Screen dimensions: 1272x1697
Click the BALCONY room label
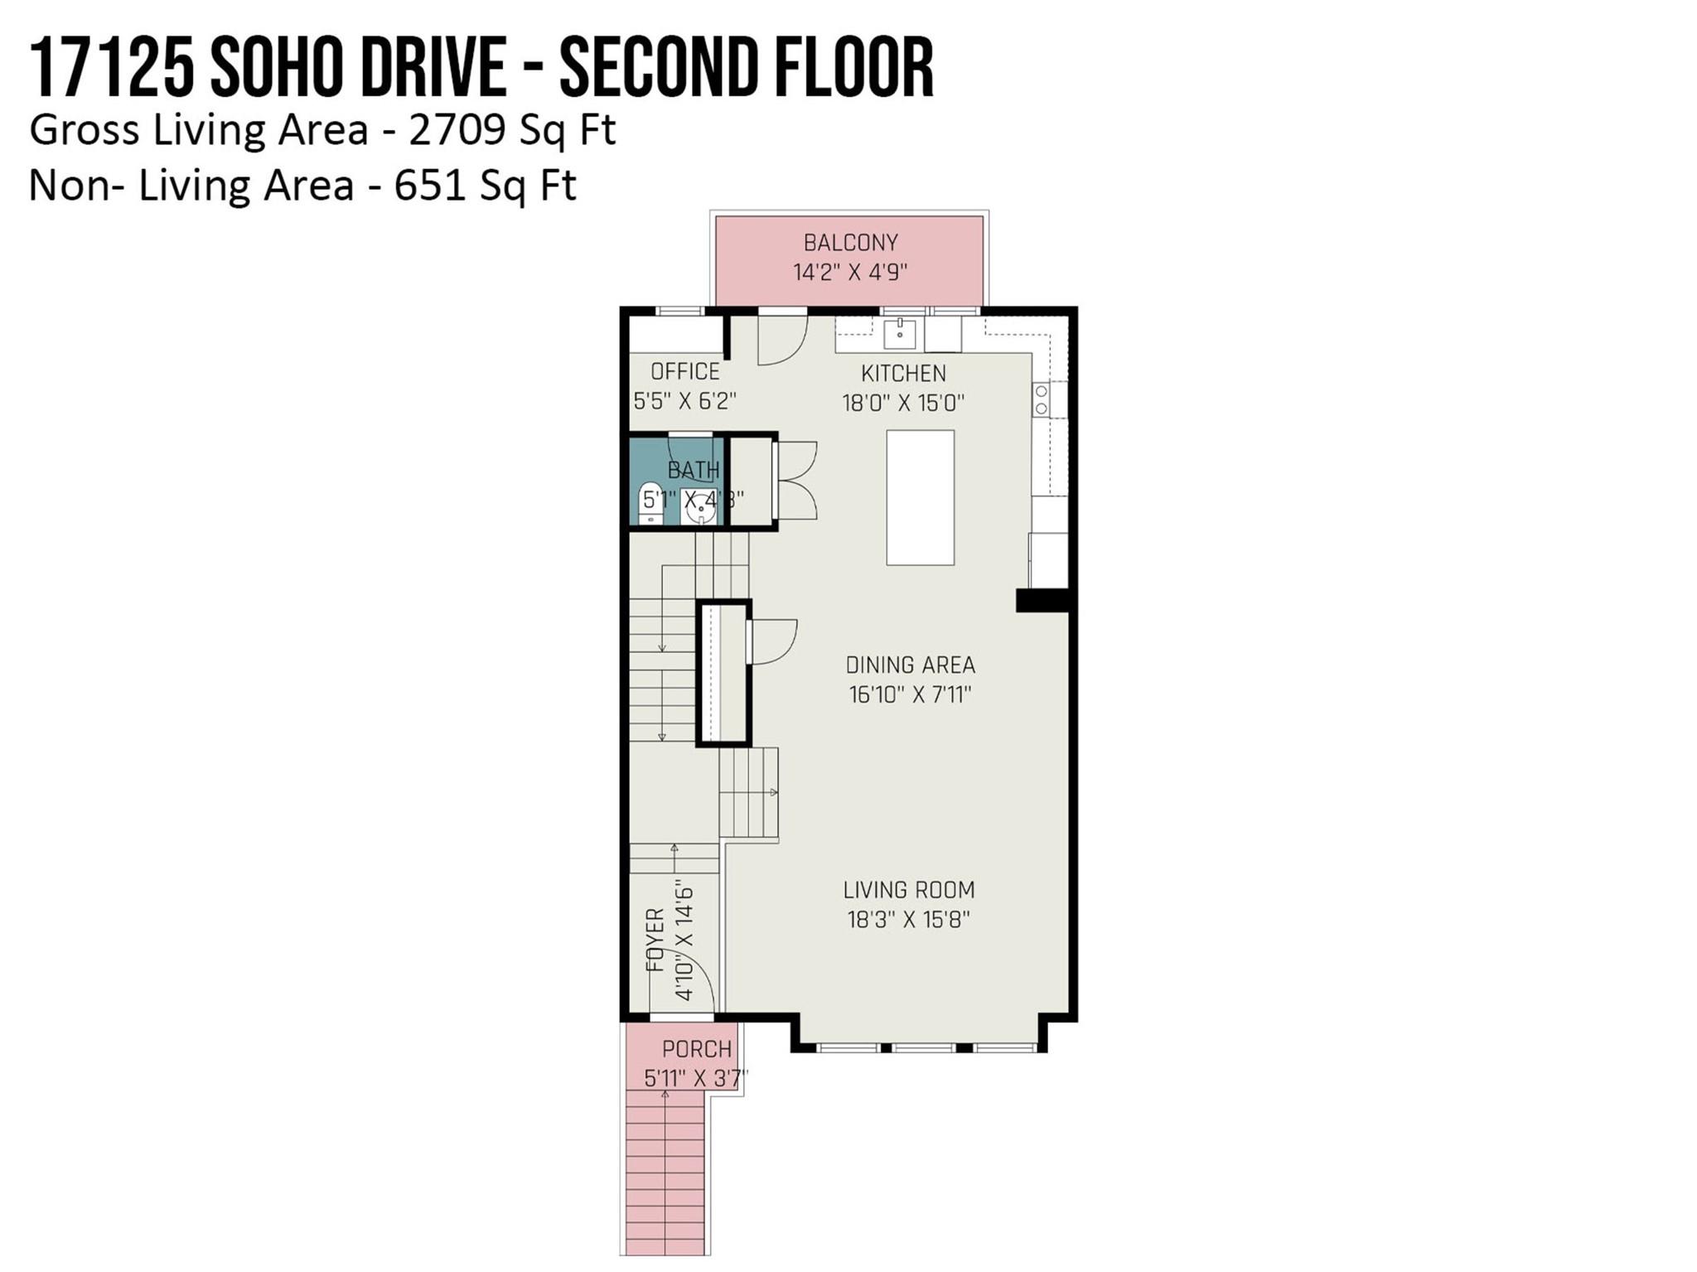(850, 243)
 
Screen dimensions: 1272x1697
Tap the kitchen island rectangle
(920, 497)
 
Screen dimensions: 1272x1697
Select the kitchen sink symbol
(899, 334)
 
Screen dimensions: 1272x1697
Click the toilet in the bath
(652, 502)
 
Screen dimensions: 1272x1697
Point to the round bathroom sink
(701, 505)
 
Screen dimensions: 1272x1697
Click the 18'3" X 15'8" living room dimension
(908, 920)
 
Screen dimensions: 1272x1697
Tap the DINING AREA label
(910, 665)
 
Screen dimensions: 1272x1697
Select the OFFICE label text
(684, 371)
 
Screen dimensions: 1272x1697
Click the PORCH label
(696, 1049)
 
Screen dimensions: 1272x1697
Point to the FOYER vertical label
(655, 940)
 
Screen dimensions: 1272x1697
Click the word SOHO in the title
(275, 69)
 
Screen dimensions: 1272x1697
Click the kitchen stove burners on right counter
(1041, 399)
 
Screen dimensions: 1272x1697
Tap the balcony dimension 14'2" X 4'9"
(850, 272)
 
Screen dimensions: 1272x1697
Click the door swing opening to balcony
(782, 340)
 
